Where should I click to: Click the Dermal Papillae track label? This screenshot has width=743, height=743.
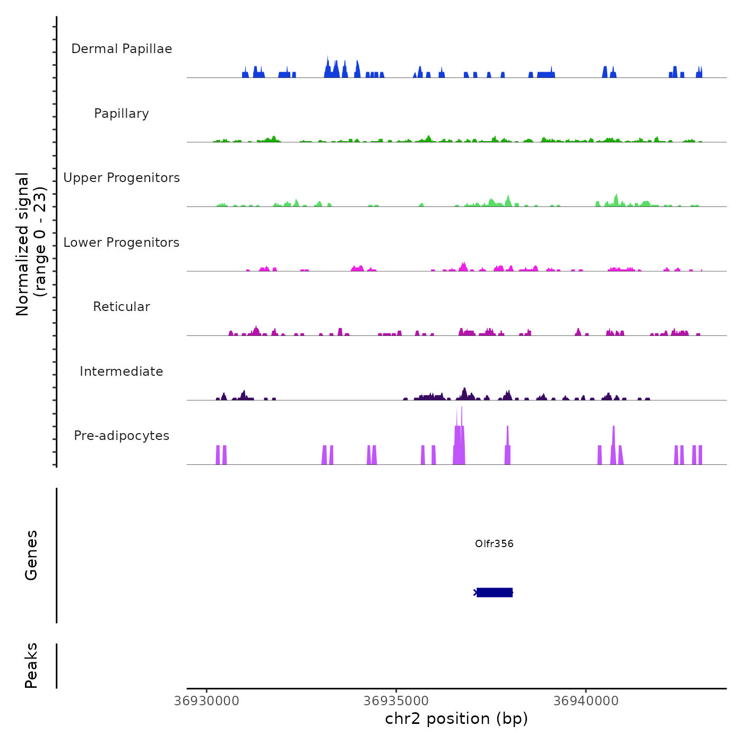[x=122, y=49]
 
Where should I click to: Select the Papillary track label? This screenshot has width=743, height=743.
[x=122, y=114]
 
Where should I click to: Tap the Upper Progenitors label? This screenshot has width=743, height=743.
[x=122, y=178]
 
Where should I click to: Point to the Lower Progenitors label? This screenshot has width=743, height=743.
[x=122, y=243]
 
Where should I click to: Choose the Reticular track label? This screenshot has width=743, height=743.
[x=122, y=307]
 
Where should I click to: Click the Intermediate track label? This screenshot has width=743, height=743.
[x=122, y=371]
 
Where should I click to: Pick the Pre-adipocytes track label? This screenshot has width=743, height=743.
[x=122, y=436]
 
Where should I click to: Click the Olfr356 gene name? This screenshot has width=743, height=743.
[x=494, y=543]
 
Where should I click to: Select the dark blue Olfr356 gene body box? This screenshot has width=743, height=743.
[x=495, y=592]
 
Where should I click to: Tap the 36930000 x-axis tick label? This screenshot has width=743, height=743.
[x=207, y=701]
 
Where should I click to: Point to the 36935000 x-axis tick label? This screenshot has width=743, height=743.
[x=396, y=701]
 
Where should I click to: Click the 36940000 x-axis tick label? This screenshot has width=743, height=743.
[x=586, y=701]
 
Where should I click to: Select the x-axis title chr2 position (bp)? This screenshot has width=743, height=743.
[x=456, y=719]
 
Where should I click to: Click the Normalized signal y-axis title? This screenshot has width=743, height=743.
[x=23, y=244]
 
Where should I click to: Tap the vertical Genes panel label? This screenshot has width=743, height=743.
[x=31, y=555]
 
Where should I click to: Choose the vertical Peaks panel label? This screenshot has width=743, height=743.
[x=31, y=666]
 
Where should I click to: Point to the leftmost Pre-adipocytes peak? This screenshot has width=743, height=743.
[x=218, y=455]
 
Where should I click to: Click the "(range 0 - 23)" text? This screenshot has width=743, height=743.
[x=40, y=241]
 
